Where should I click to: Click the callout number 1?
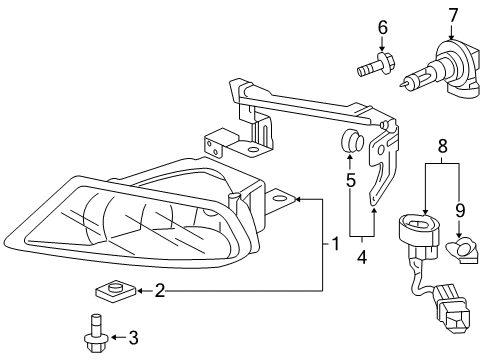tap(335, 244)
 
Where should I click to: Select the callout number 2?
tap(160, 291)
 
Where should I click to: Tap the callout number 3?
tap(133, 338)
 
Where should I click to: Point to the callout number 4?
tap(361, 257)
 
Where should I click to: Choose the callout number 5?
tap(351, 180)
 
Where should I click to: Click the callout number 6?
tap(382, 27)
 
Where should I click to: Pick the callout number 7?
tap(453, 16)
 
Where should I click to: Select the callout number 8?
tap(442, 146)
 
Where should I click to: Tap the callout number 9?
tap(460, 210)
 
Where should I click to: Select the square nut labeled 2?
tap(116, 291)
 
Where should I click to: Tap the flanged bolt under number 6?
tap(376, 65)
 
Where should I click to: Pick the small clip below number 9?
tap(462, 250)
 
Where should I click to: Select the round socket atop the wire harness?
tap(418, 228)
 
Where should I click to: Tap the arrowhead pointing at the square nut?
tap(141, 291)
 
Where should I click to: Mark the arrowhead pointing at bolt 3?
tap(114, 338)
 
